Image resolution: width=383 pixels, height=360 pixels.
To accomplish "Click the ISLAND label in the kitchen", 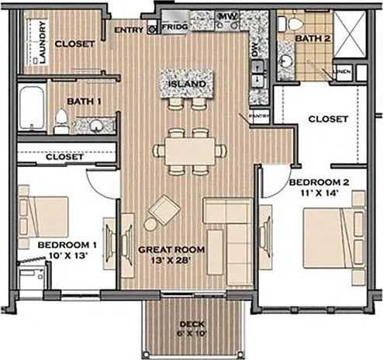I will tap(187, 84).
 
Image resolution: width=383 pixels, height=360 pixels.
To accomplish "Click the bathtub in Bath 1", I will tap(33, 110).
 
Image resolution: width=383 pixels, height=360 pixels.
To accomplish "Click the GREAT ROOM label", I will tap(171, 250).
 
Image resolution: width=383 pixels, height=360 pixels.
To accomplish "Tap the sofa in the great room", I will tap(228, 232).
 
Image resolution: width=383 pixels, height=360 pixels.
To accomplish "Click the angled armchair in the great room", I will tap(164, 209).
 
